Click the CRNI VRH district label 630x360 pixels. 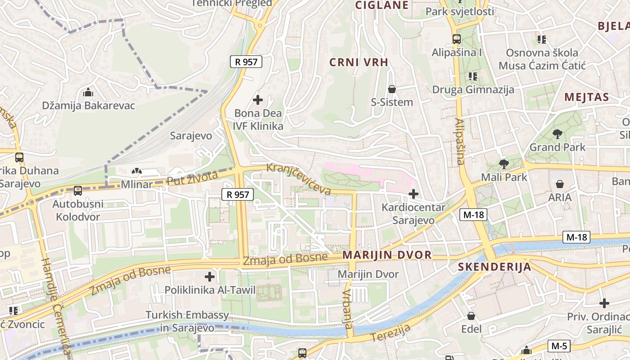click(359, 63)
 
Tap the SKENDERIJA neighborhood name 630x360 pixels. click(495, 267)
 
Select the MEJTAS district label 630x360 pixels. click(586, 97)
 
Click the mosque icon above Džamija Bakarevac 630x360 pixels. click(88, 93)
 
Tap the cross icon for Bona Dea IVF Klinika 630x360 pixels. click(258, 99)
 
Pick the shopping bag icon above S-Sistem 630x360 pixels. click(392, 89)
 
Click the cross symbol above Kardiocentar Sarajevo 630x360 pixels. click(413, 194)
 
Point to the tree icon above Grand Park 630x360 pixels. click(557, 134)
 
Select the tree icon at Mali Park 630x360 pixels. click(503, 164)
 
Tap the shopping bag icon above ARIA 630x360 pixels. click(560, 184)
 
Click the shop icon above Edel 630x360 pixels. click(471, 316)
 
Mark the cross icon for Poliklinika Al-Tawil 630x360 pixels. click(210, 277)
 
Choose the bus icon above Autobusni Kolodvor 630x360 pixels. click(78, 190)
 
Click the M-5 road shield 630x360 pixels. click(559, 346)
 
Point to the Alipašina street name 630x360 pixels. click(459, 141)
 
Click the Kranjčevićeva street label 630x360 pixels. click(298, 179)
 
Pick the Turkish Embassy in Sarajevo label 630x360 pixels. click(187, 321)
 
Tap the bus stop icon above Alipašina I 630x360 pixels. click(457, 39)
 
